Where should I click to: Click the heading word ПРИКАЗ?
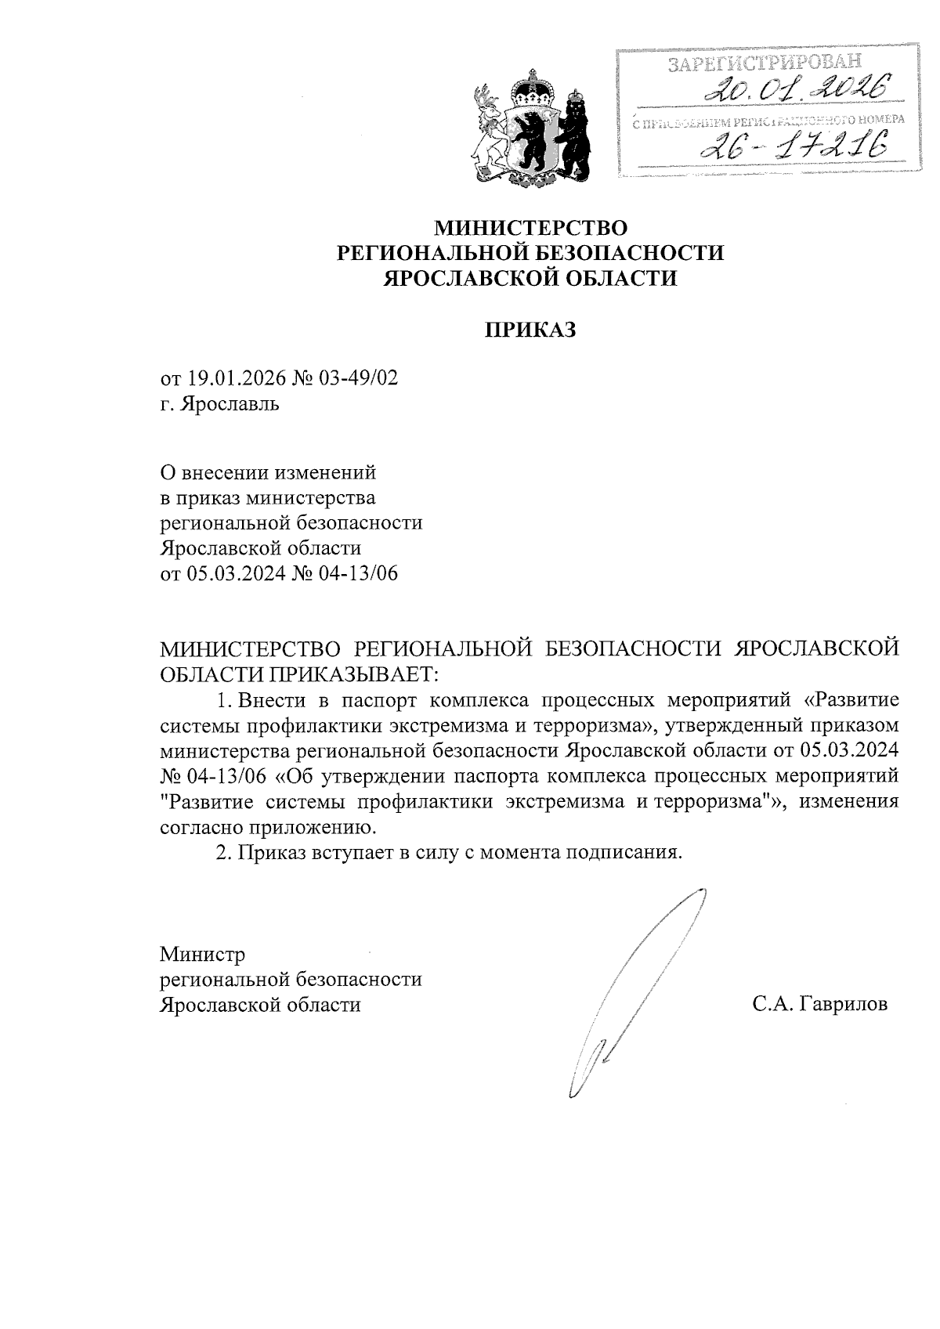click(x=529, y=330)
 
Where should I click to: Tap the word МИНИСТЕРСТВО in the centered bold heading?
click(x=531, y=228)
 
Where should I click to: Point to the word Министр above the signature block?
click(x=202, y=955)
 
